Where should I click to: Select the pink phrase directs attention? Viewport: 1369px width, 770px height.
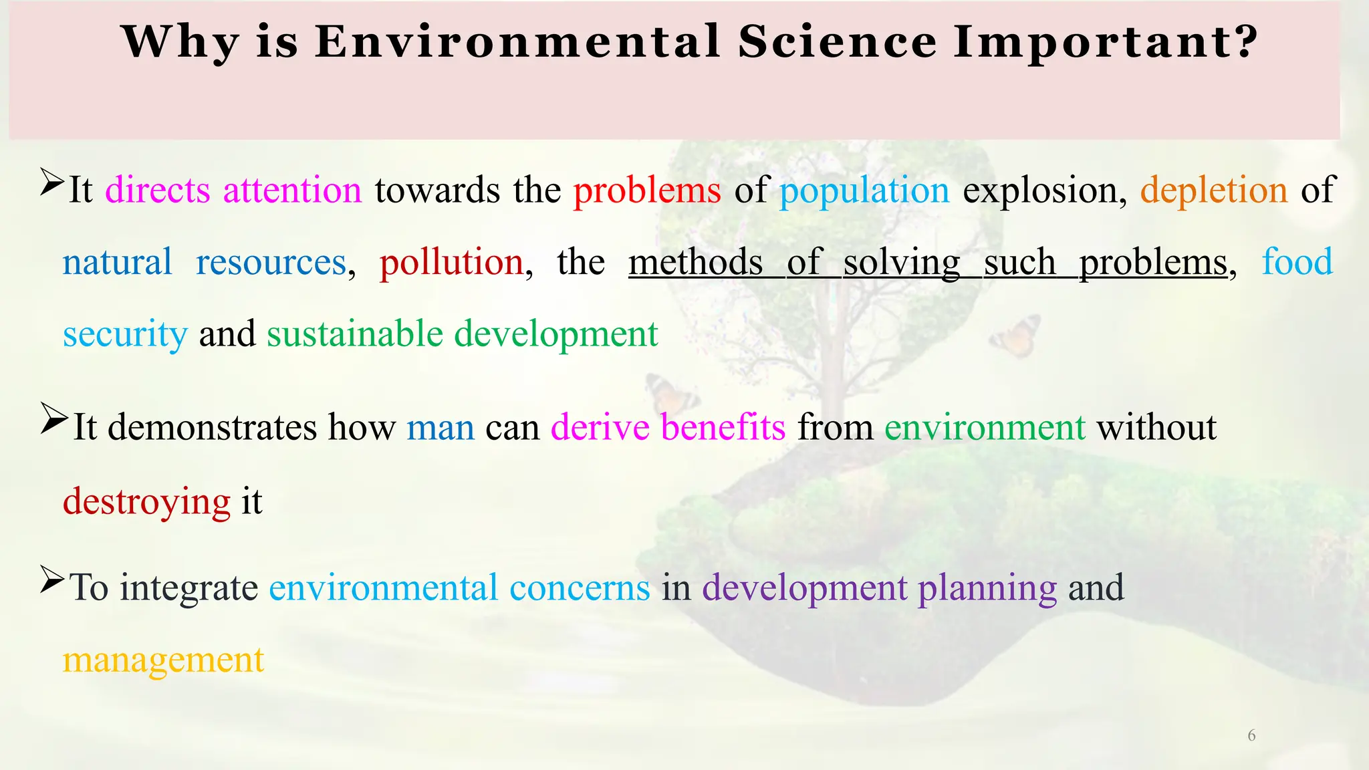tap(233, 190)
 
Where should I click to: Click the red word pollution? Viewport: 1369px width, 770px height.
tap(451, 262)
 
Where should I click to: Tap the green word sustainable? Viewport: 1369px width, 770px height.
tap(355, 334)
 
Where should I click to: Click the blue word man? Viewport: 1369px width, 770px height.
tap(441, 428)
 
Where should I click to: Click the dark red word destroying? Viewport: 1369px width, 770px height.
tap(146, 502)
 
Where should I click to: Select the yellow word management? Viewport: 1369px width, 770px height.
tap(163, 660)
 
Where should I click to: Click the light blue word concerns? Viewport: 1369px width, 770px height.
tap(580, 588)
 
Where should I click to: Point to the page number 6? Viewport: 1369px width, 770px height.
tap(1251, 736)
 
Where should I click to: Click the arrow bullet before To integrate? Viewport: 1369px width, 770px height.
tap(52, 579)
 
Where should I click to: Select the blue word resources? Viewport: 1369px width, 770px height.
tap(271, 262)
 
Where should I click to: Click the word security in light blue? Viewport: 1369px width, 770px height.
tap(125, 334)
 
